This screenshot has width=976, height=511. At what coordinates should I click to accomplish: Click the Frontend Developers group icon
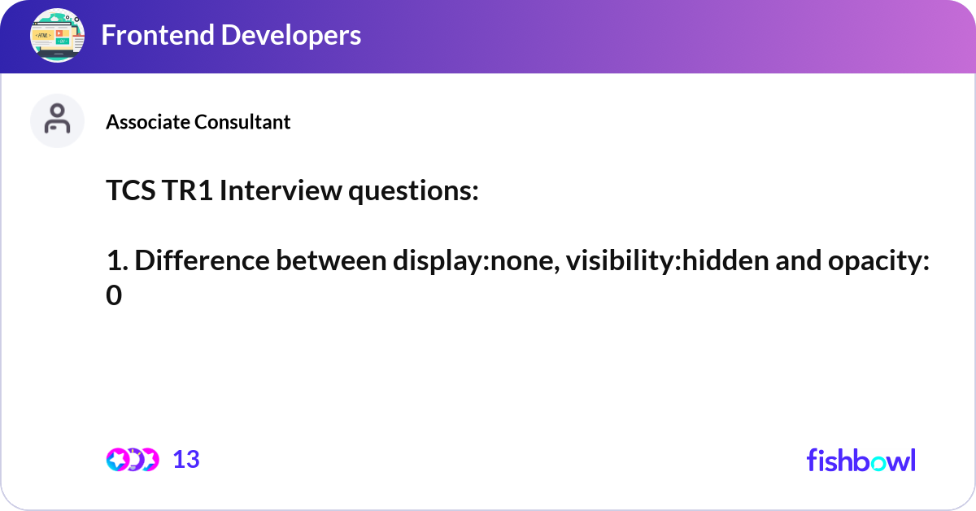pyautogui.click(x=57, y=35)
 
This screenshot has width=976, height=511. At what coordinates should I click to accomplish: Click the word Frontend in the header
pyautogui.click(x=158, y=35)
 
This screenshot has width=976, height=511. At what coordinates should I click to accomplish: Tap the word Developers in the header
pyautogui.click(x=291, y=35)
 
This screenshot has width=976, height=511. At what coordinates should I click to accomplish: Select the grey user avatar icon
pyautogui.click(x=57, y=120)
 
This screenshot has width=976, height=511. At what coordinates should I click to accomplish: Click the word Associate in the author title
pyautogui.click(x=148, y=121)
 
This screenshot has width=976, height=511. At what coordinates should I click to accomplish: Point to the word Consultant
pyautogui.click(x=242, y=121)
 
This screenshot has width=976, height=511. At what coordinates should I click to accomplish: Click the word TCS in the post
pyautogui.click(x=131, y=190)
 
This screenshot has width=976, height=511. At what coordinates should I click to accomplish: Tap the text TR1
pyautogui.click(x=187, y=190)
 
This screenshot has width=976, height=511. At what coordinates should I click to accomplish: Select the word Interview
pyautogui.click(x=281, y=190)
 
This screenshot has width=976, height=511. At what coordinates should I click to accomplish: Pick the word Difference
pyautogui.click(x=203, y=260)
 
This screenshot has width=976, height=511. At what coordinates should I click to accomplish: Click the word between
pyautogui.click(x=331, y=260)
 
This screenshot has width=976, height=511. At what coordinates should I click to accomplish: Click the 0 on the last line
pyautogui.click(x=114, y=295)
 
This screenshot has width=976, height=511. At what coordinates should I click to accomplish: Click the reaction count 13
pyautogui.click(x=186, y=460)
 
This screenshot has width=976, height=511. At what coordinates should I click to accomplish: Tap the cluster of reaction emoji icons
pyautogui.click(x=133, y=460)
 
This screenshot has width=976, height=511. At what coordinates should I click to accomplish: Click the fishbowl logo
pyautogui.click(x=861, y=460)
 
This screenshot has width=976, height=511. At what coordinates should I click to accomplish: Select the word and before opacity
pyautogui.click(x=798, y=260)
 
